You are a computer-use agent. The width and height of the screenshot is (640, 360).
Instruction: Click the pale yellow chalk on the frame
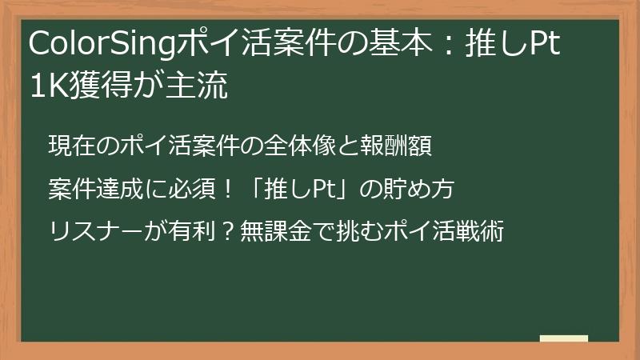click(565, 338)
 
